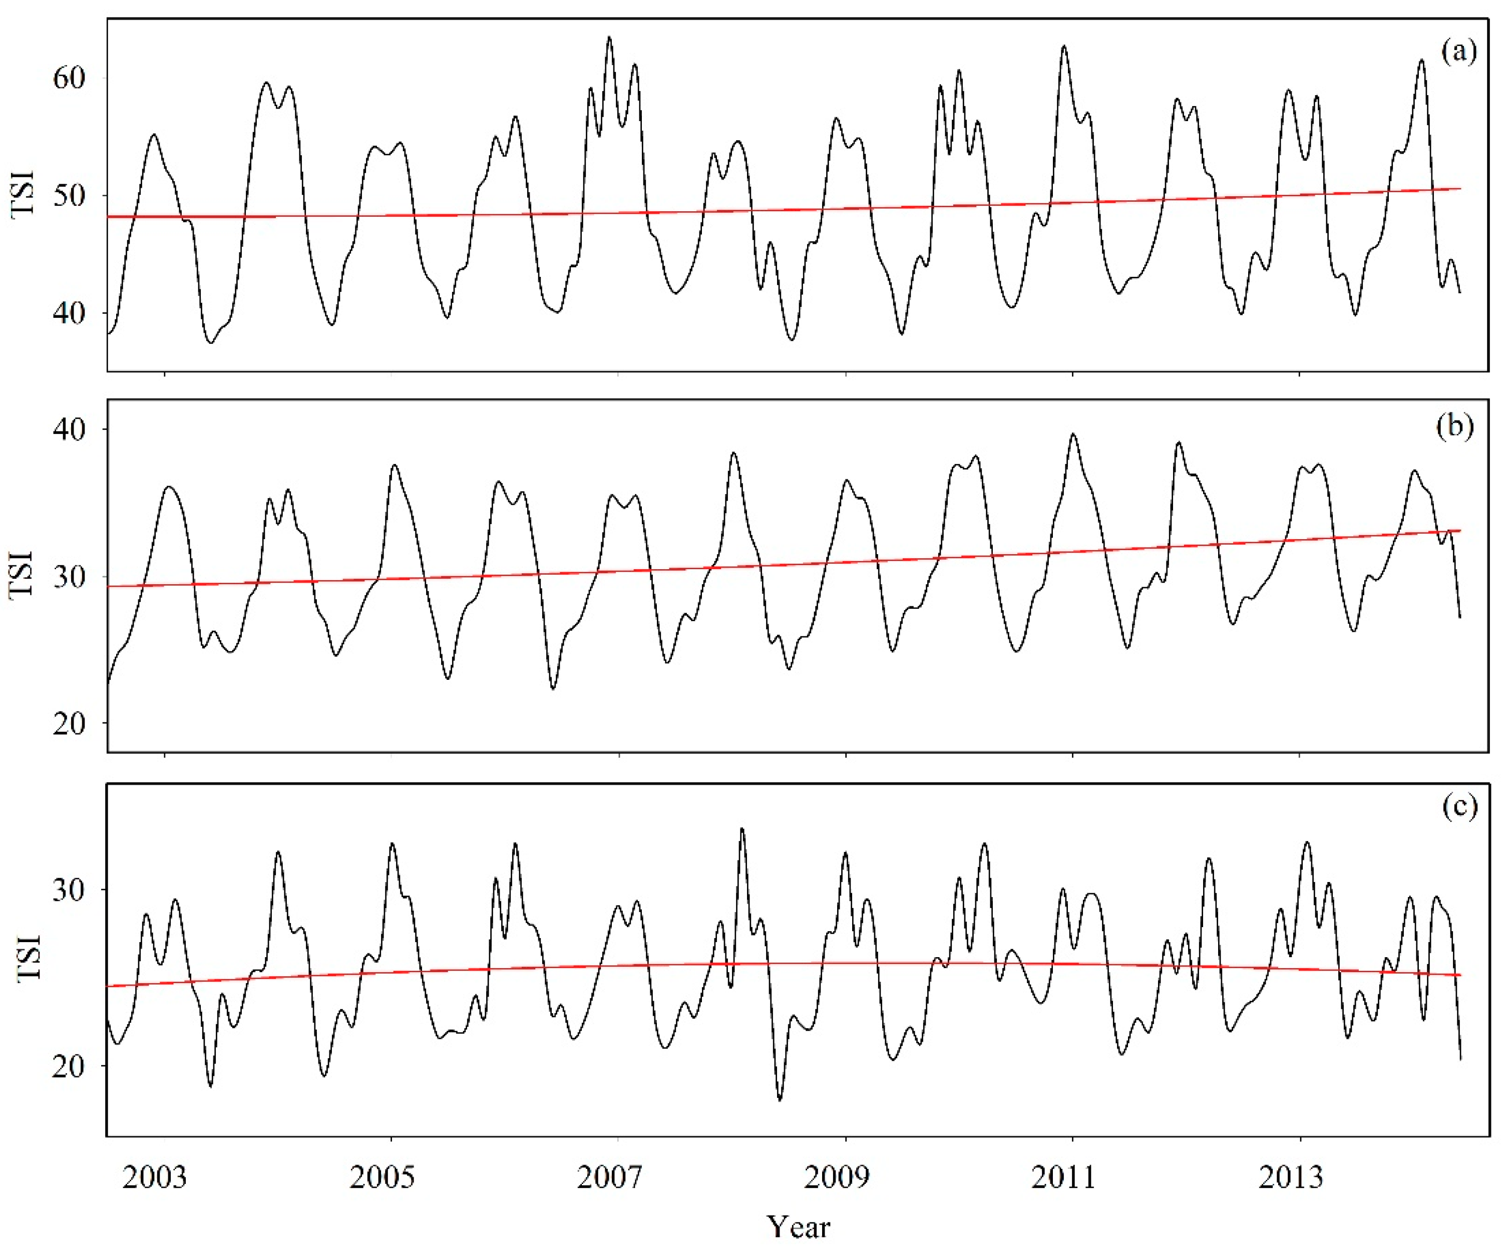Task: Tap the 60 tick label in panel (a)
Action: pyautogui.click(x=69, y=78)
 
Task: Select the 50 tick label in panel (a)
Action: pyautogui.click(x=69, y=195)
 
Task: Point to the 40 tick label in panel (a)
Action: pyautogui.click(x=69, y=313)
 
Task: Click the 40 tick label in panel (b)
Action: pyautogui.click(x=69, y=429)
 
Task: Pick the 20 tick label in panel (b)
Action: pyautogui.click(x=69, y=723)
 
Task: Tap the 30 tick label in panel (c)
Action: pyautogui.click(x=69, y=890)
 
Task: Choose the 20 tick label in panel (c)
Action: pyautogui.click(x=69, y=1065)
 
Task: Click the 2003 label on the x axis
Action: pyautogui.click(x=154, y=1177)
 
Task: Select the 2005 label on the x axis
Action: pyautogui.click(x=382, y=1177)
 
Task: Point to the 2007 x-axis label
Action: pyautogui.click(x=608, y=1177)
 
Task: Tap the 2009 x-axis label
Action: pyautogui.click(x=836, y=1177)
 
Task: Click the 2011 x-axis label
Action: pyautogui.click(x=1063, y=1177)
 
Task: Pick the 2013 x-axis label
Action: pyautogui.click(x=1290, y=1177)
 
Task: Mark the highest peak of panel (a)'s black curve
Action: pyautogui.click(x=609, y=38)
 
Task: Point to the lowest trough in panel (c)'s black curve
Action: pyautogui.click(x=780, y=1099)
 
